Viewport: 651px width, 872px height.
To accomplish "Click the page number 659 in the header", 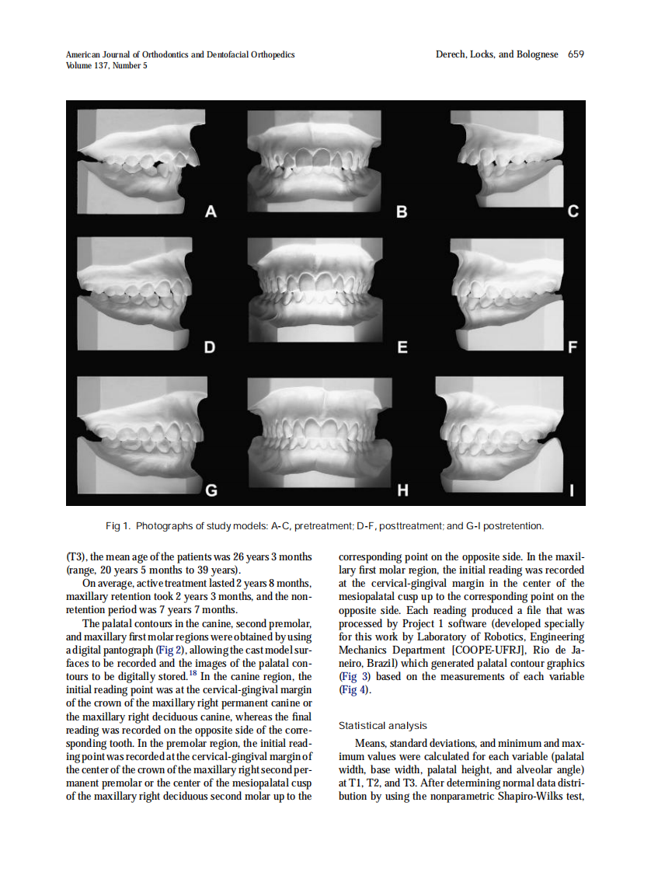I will click(575, 54).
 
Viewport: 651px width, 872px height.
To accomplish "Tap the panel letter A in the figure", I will click(210, 211).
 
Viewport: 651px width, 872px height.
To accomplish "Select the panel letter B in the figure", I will click(402, 211).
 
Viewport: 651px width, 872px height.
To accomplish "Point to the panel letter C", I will click(573, 211).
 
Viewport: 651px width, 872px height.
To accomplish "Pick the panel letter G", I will click(211, 490).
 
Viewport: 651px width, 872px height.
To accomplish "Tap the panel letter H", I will click(402, 490).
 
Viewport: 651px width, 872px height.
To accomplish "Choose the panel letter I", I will click(573, 490).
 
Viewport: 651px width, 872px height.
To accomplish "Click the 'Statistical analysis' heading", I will click(383, 726).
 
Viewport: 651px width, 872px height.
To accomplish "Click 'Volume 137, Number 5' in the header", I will click(106, 65).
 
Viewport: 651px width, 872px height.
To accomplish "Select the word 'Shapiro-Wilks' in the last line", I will click(526, 797).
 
